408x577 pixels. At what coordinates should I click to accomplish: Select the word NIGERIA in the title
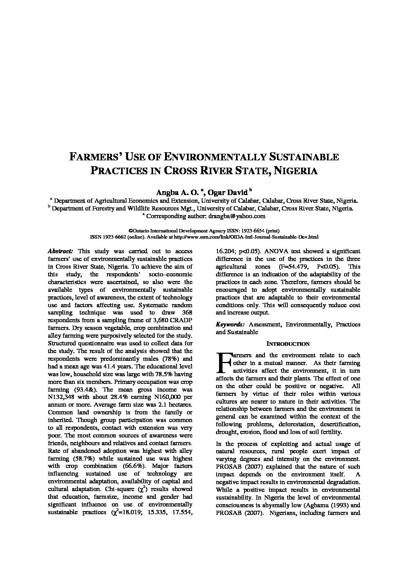[x=295, y=171]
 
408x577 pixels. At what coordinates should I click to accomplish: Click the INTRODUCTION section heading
[x=288, y=344]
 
